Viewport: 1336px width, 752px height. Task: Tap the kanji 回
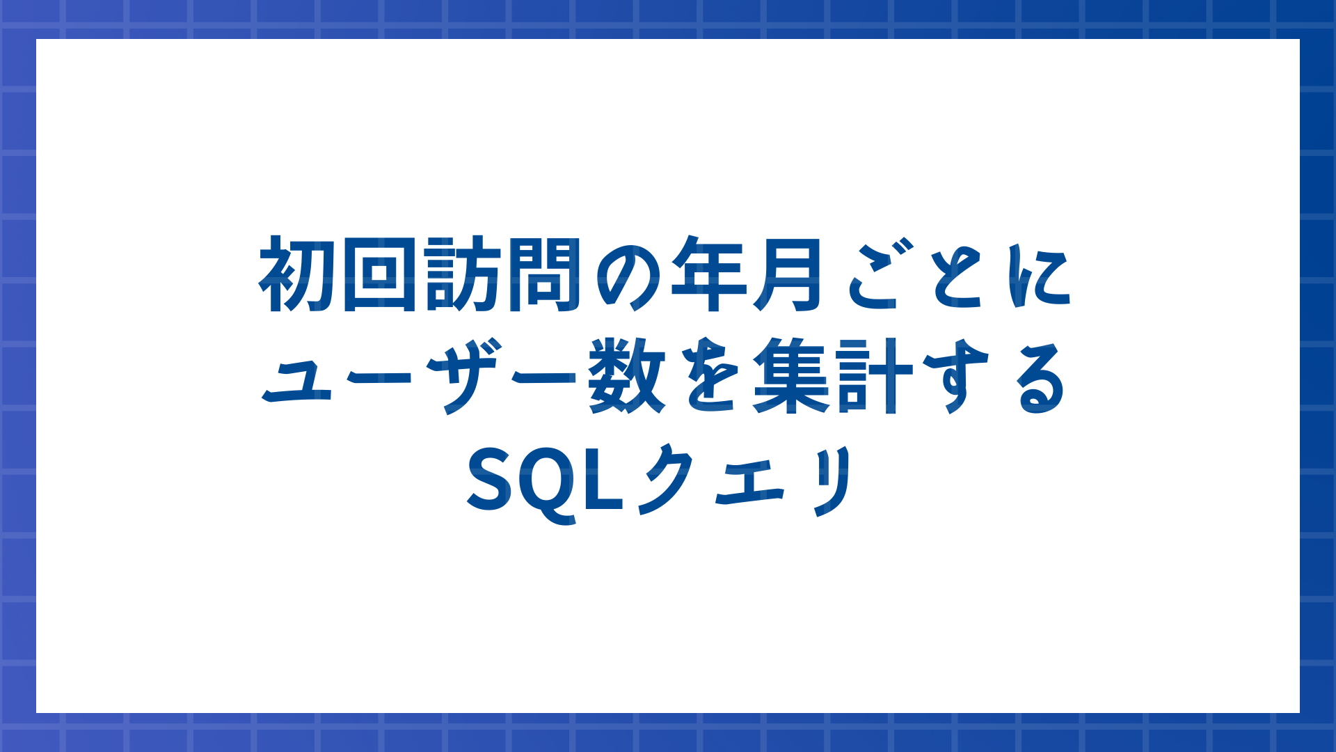tap(379, 274)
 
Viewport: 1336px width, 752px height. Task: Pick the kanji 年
tap(707, 274)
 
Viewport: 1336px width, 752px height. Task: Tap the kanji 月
tap(788, 274)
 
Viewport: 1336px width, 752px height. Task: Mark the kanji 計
tap(875, 376)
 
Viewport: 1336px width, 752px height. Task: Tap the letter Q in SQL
tap(550, 484)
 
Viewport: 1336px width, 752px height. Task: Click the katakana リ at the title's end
tap(832, 480)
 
